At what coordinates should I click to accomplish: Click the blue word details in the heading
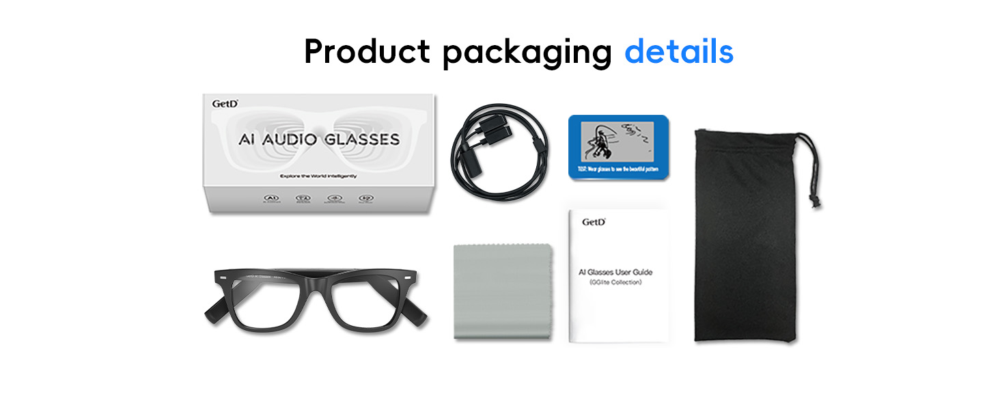tap(679, 51)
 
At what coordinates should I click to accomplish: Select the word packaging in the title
tap(525, 53)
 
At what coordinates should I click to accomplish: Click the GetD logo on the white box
tap(225, 104)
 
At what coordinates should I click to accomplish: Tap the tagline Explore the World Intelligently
tap(318, 176)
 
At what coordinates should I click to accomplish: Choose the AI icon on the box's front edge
tap(272, 199)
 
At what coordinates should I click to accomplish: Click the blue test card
tap(618, 147)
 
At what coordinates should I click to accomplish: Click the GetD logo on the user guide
tap(594, 221)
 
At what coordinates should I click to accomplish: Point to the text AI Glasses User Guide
tap(615, 272)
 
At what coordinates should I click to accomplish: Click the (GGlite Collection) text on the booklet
tap(615, 282)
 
